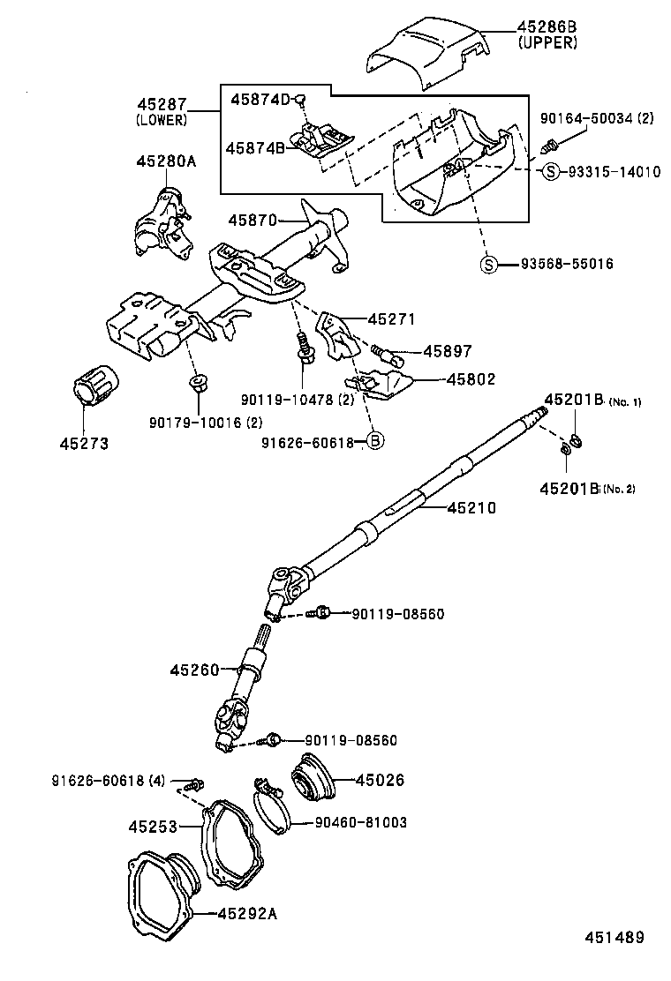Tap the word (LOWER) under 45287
162,120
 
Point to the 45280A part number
166,161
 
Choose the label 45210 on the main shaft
471,508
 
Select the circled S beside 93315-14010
551,172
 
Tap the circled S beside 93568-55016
488,264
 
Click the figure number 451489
612,938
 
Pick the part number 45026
381,780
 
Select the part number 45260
194,670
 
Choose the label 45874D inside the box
260,99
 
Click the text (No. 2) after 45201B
619,489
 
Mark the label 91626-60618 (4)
109,780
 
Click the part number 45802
471,379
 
